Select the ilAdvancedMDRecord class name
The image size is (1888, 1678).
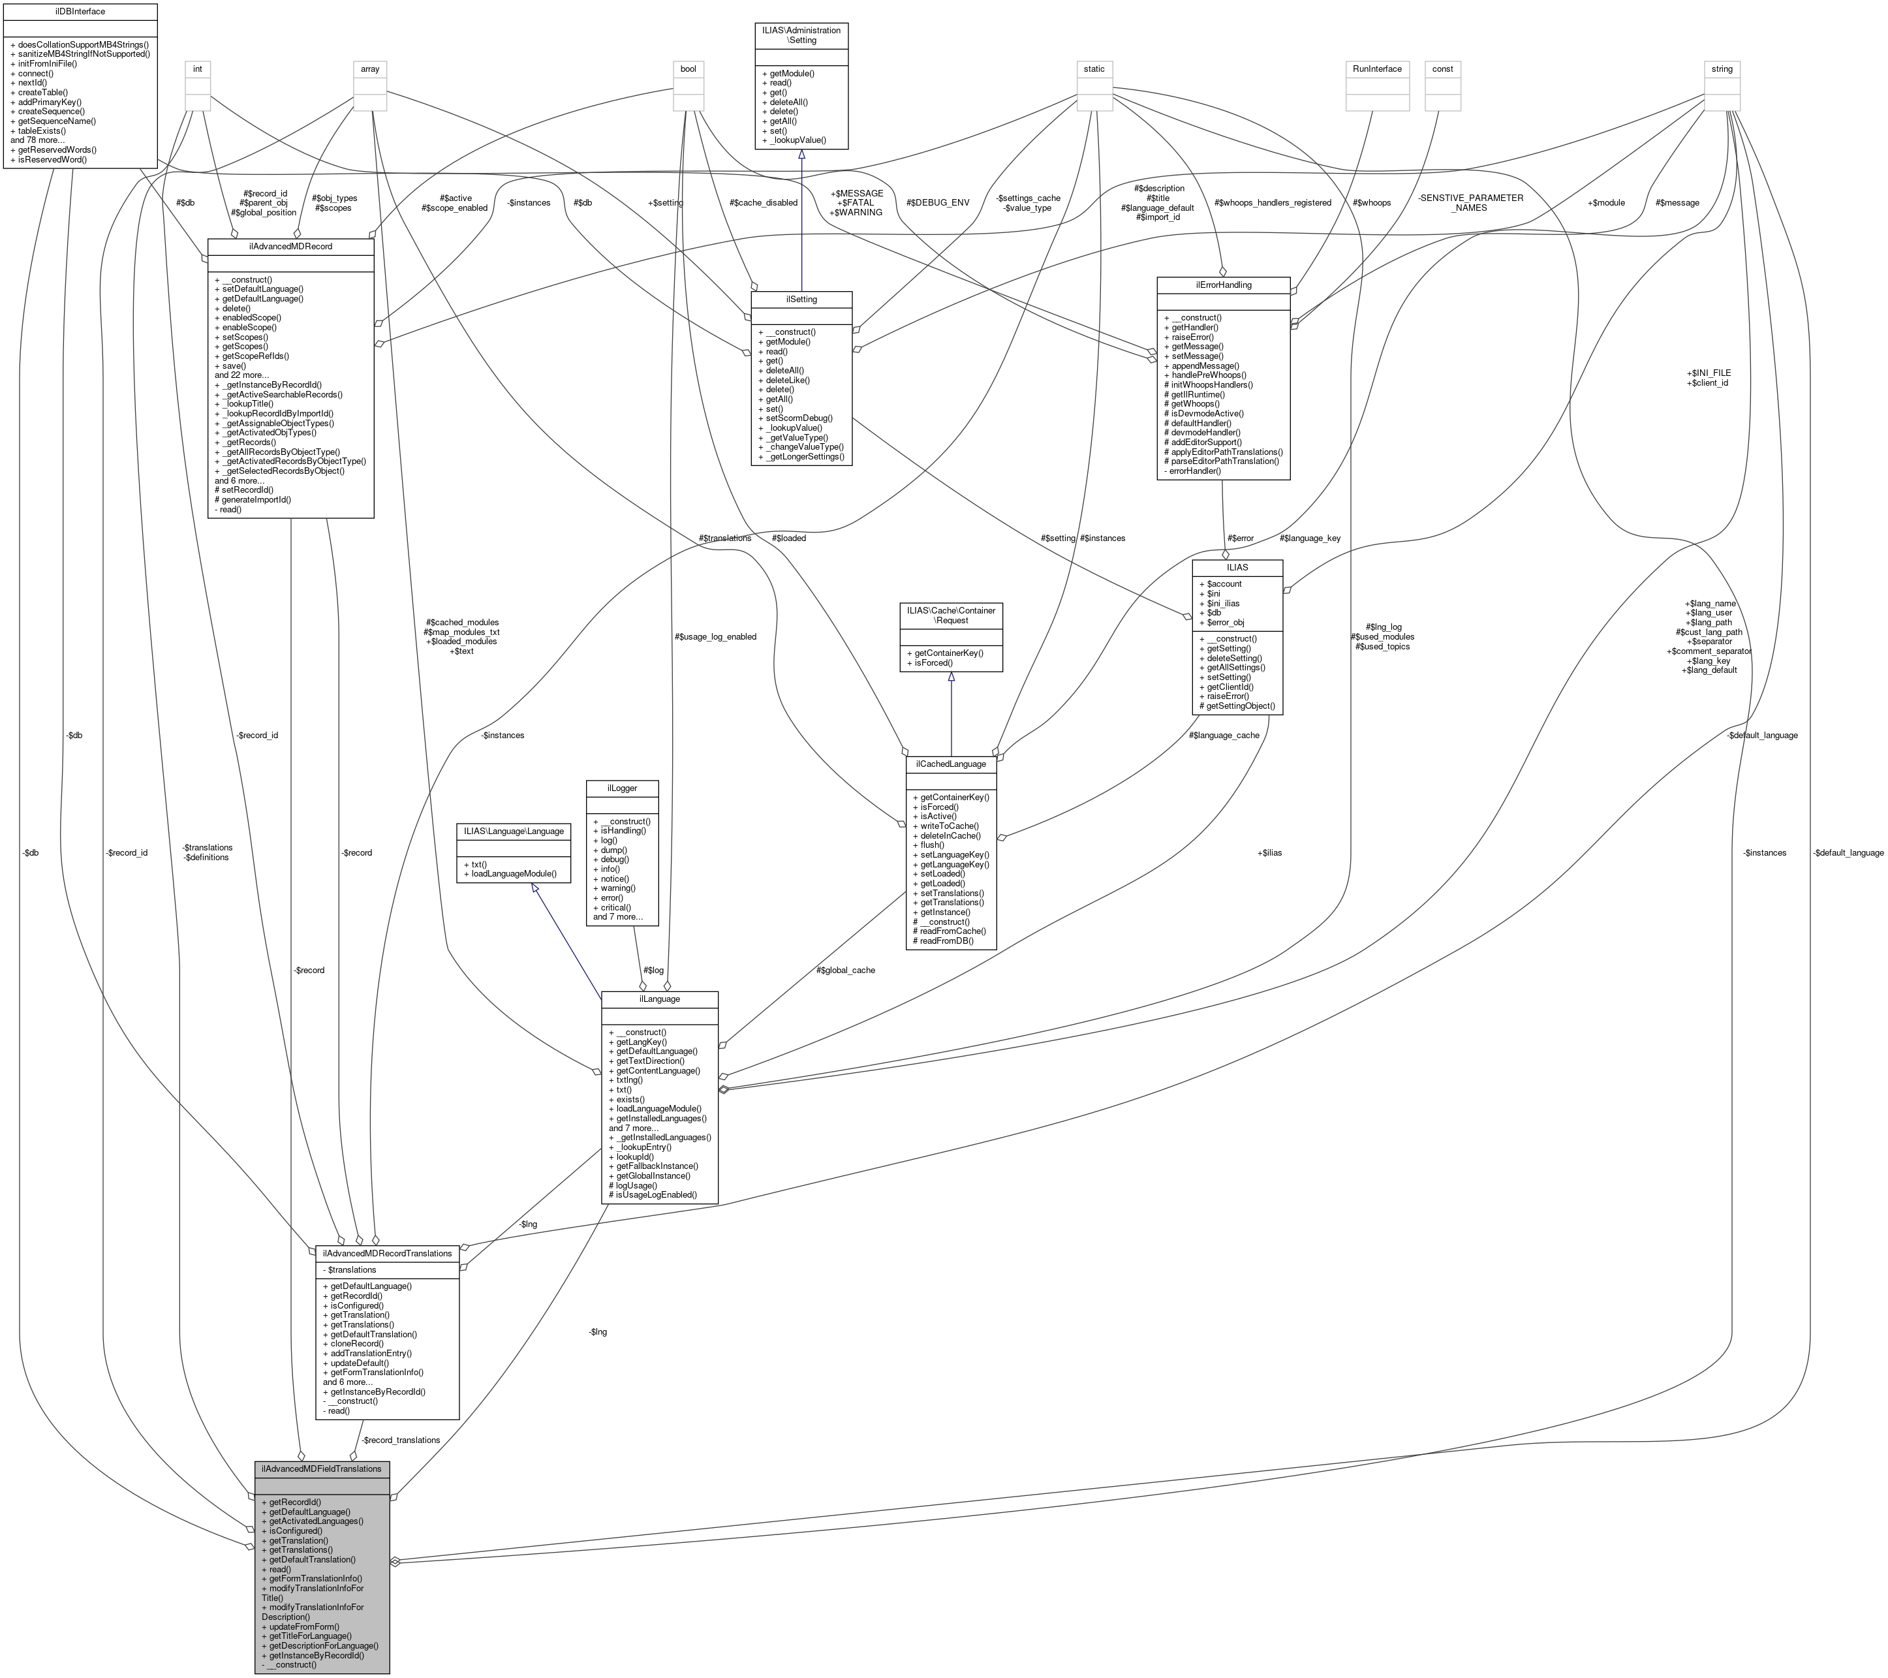tap(290, 247)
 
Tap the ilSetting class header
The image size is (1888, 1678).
tap(801, 300)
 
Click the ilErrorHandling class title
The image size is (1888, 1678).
tap(1222, 285)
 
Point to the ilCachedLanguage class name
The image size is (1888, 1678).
tap(952, 764)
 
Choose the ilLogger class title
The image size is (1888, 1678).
tap(623, 788)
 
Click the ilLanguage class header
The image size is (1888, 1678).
tap(658, 999)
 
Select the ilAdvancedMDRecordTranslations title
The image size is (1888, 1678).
tap(387, 1253)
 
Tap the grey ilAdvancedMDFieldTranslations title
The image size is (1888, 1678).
tap(322, 1468)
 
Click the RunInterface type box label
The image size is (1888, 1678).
tap(1376, 69)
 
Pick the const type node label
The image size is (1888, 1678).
tap(1442, 69)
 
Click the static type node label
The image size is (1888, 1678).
tap(1094, 69)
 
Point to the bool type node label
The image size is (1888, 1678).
tap(688, 69)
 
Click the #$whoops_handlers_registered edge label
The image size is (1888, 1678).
tap(1272, 202)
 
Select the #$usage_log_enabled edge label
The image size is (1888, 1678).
tap(715, 636)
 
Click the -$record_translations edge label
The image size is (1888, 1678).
tap(400, 1440)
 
